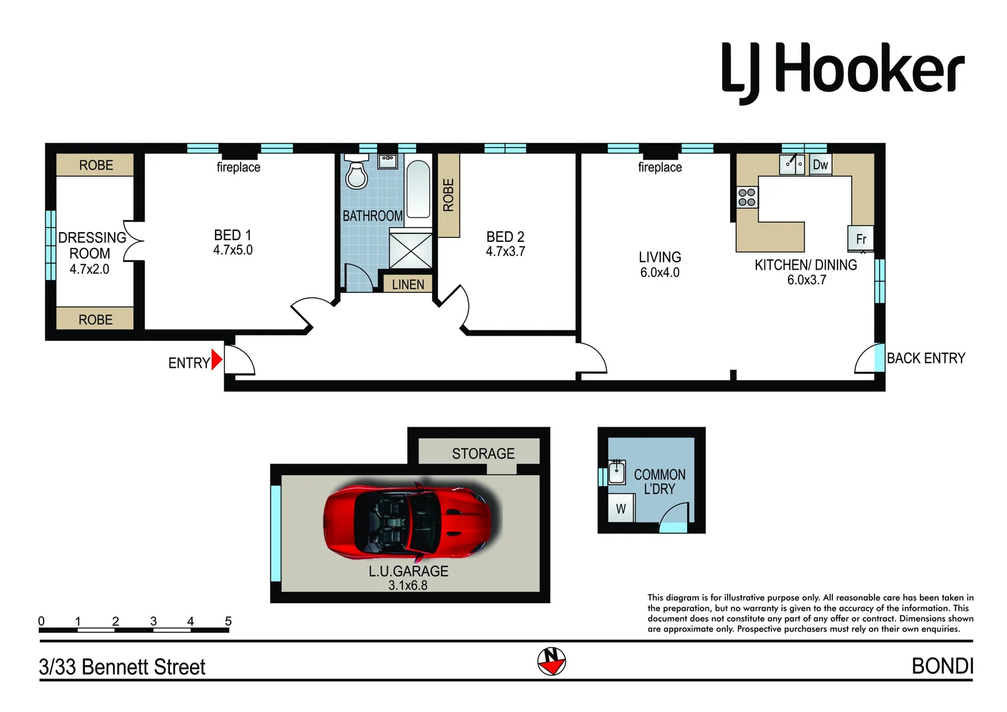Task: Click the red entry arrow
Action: (x=216, y=359)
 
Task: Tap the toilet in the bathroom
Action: (x=356, y=173)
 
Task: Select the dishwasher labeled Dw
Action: (x=820, y=165)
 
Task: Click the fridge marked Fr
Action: (x=861, y=239)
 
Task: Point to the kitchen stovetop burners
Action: (x=747, y=197)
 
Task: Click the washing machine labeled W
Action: (x=621, y=509)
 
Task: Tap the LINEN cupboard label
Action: (x=408, y=284)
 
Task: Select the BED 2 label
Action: (x=505, y=237)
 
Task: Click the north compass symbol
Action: (x=551, y=661)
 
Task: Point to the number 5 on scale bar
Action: (x=228, y=621)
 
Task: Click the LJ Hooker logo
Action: (x=843, y=71)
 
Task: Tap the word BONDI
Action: (x=942, y=667)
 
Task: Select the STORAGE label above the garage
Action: (x=483, y=454)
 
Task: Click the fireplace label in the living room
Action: (x=659, y=167)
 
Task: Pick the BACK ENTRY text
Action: (x=926, y=358)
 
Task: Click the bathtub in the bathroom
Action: (x=417, y=189)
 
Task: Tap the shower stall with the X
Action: (x=410, y=251)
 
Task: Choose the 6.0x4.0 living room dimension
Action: (x=659, y=272)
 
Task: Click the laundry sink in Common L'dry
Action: (x=617, y=472)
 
